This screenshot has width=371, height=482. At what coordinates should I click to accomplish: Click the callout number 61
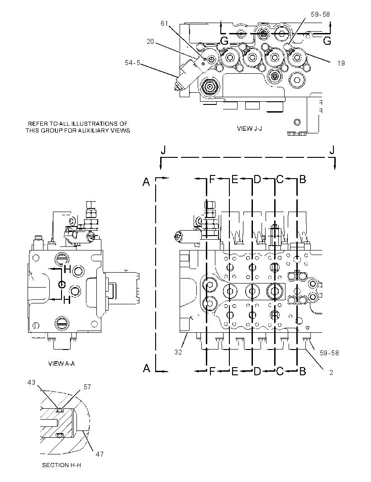164,24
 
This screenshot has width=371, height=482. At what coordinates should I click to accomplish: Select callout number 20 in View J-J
150,42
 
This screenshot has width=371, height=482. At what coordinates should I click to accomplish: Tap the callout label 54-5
132,63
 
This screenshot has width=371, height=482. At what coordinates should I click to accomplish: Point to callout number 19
341,63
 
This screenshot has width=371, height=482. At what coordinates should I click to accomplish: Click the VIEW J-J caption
249,128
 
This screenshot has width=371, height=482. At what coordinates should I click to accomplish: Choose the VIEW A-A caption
62,364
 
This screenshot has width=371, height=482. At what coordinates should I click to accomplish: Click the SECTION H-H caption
62,465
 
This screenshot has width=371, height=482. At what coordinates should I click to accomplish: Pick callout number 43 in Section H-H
32,383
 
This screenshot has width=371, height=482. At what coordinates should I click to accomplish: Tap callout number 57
87,387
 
